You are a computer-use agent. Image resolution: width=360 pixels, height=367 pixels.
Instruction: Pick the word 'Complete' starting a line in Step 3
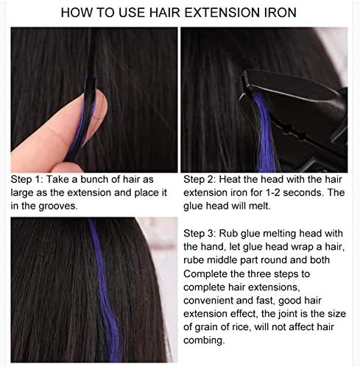pyautogui.click(x=208, y=273)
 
